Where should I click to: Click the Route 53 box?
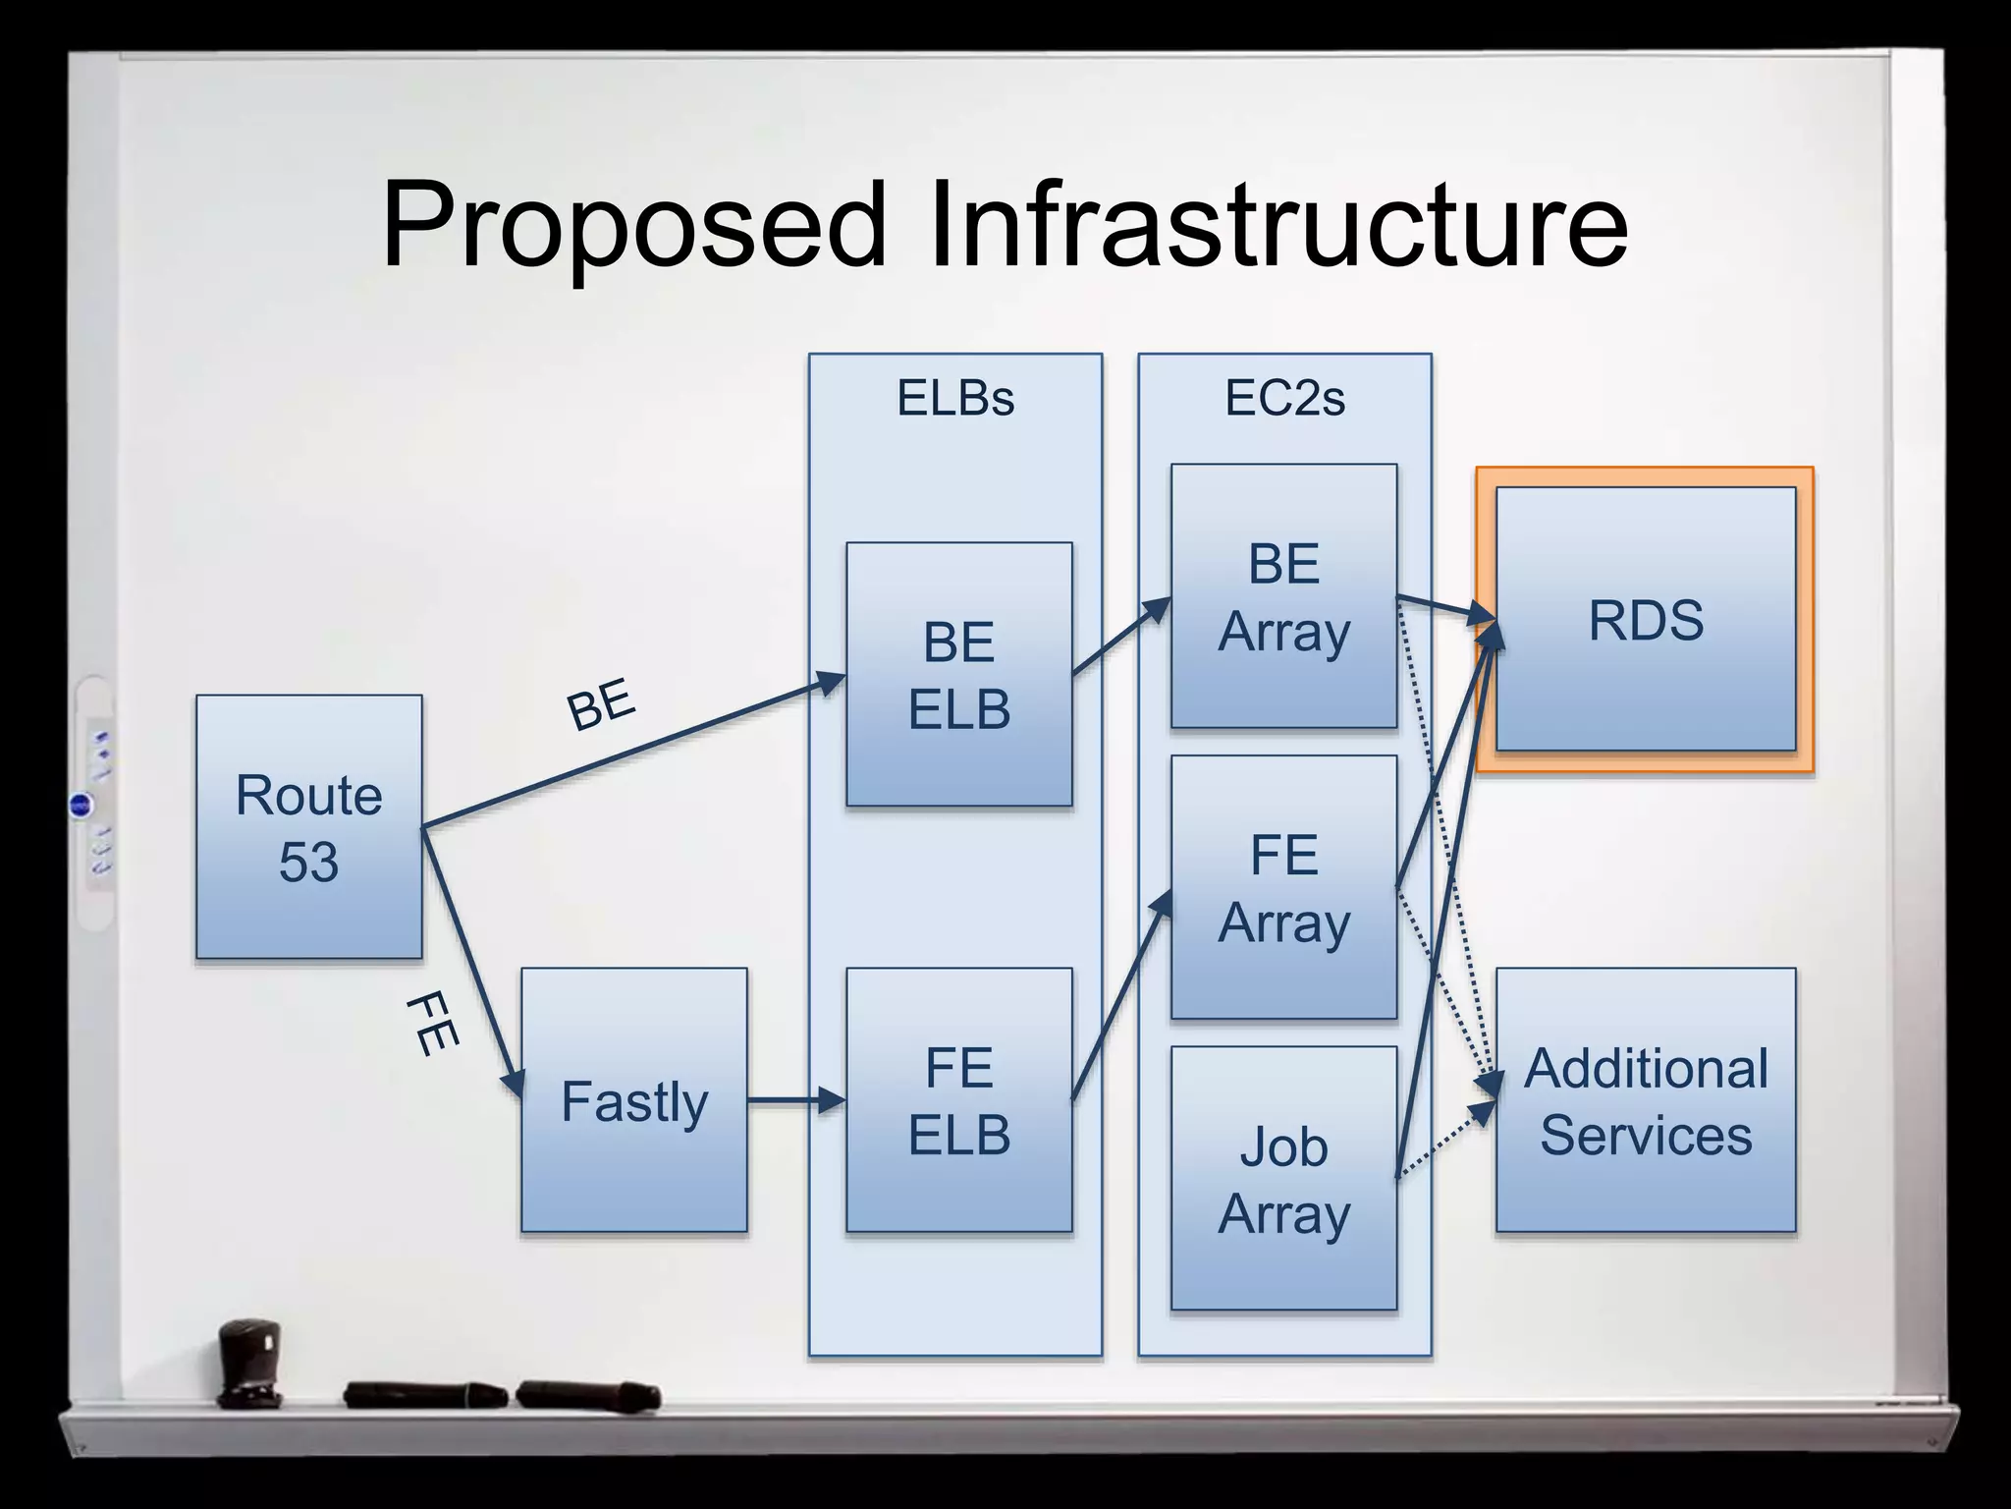click(308, 826)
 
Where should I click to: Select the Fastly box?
click(633, 1099)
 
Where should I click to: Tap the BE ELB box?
click(958, 674)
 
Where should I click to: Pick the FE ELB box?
click(958, 1099)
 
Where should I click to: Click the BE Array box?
click(1283, 595)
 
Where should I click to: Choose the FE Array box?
click(1283, 886)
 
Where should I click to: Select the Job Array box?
click(1283, 1178)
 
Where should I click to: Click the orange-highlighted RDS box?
click(1645, 619)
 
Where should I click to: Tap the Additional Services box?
click(1645, 1099)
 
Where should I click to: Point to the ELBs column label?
click(954, 399)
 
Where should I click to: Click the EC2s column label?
click(1284, 399)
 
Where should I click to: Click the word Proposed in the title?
click(633, 226)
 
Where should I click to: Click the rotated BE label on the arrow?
click(601, 703)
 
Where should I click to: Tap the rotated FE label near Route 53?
click(432, 1024)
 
